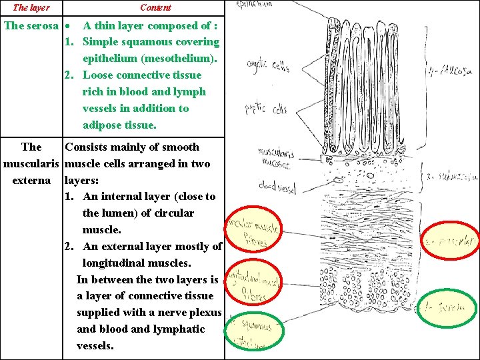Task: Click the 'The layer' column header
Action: tap(31, 7)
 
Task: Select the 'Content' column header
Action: tap(155, 7)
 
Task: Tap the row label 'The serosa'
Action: tap(31, 26)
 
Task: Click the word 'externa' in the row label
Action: tap(31, 180)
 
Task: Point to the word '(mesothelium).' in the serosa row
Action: tap(151, 59)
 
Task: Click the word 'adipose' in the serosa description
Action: tap(102, 125)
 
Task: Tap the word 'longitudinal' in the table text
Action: tap(116, 263)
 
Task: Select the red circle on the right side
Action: tap(451, 242)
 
